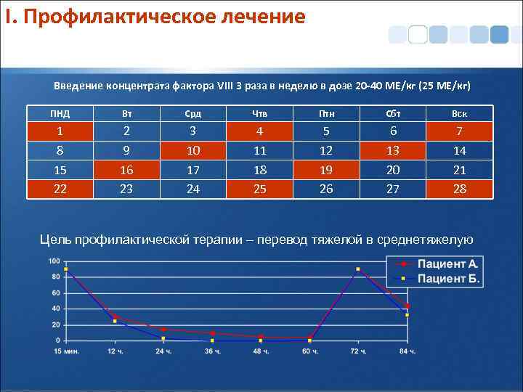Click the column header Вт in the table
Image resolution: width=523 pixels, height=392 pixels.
(x=127, y=114)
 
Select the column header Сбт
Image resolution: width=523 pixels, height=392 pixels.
(x=393, y=114)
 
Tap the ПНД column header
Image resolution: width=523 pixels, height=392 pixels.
(x=60, y=114)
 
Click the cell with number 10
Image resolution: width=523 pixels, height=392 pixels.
(x=193, y=150)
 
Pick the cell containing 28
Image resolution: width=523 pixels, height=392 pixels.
(x=459, y=189)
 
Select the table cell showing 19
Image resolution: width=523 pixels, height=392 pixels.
(x=326, y=170)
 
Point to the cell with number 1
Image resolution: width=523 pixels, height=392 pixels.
(x=60, y=131)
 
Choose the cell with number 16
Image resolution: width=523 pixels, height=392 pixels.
(x=127, y=170)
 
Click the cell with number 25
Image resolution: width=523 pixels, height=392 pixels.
(x=259, y=189)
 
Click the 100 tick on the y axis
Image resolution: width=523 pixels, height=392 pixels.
(x=54, y=261)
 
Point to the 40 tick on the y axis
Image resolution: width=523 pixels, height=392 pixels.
(x=56, y=309)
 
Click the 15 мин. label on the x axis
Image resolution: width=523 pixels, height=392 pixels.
(x=65, y=351)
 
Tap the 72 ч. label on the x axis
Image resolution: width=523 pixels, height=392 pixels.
(x=358, y=351)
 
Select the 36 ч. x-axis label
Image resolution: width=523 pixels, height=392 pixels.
(x=212, y=351)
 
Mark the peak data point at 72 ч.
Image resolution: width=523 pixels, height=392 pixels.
(x=358, y=269)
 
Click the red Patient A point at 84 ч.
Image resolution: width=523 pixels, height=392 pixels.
(x=408, y=306)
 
